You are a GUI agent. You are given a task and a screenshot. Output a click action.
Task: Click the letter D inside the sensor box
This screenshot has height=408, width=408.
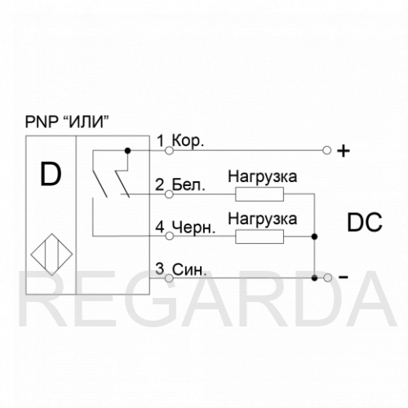coord(51,174)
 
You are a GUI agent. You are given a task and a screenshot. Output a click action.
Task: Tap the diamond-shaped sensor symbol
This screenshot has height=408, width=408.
coord(51,255)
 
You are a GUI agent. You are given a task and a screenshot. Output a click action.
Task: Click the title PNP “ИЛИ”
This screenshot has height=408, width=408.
coord(67,122)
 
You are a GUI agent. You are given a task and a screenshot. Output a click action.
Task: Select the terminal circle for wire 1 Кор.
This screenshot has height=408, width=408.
coord(169,150)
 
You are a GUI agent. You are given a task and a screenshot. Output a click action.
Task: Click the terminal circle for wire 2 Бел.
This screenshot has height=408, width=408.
coord(169,194)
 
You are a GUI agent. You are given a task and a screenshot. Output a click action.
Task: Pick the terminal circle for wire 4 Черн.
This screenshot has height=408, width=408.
coord(169,236)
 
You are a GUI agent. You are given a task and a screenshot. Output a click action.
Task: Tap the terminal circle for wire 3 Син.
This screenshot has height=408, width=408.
coord(169,278)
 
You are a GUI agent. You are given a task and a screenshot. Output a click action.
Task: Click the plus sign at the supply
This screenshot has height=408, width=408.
coord(344,151)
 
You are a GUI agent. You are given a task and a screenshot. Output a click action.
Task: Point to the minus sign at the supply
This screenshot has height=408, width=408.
coord(344,277)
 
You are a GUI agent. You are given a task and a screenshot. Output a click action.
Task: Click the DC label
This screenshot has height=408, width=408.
coord(365,222)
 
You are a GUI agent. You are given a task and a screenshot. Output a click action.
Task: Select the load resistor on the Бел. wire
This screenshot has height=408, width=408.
coord(259,194)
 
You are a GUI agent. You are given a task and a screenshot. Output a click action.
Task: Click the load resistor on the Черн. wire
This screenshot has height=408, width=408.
coord(259,237)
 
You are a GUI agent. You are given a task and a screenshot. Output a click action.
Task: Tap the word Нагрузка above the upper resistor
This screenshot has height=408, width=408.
coord(263,177)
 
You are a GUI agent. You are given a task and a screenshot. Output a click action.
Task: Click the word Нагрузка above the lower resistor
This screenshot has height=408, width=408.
coord(263,220)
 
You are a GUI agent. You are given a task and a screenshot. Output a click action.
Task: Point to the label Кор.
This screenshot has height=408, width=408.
coord(188,141)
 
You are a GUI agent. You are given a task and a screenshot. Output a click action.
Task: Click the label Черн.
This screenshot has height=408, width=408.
coord(193,227)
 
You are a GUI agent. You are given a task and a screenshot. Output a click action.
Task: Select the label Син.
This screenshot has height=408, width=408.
coord(189,270)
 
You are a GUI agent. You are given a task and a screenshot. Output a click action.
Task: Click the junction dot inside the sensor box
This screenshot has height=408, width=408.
coord(127,150)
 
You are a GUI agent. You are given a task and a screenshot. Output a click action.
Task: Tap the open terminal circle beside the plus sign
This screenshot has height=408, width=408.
coord(327,150)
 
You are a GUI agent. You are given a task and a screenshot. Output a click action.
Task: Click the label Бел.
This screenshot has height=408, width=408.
coord(188,185)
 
